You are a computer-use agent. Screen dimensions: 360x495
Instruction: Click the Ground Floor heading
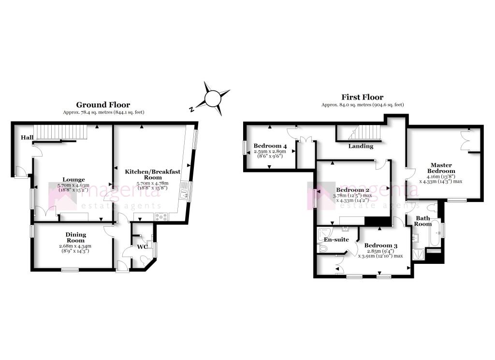(103, 105)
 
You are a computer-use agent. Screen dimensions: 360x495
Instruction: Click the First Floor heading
(363, 97)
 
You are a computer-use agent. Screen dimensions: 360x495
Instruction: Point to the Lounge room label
(71, 180)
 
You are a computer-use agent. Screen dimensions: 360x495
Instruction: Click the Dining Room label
(75, 237)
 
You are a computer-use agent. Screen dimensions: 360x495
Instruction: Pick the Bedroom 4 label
(270, 146)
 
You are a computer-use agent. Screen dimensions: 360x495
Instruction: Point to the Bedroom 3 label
(380, 245)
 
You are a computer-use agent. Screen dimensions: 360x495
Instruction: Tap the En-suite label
(336, 239)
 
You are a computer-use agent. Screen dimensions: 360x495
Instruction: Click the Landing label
(361, 146)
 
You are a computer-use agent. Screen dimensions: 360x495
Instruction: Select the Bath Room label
(423, 220)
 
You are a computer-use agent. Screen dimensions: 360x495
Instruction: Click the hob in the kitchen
(160, 217)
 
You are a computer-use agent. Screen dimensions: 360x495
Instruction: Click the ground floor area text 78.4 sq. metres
(103, 112)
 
